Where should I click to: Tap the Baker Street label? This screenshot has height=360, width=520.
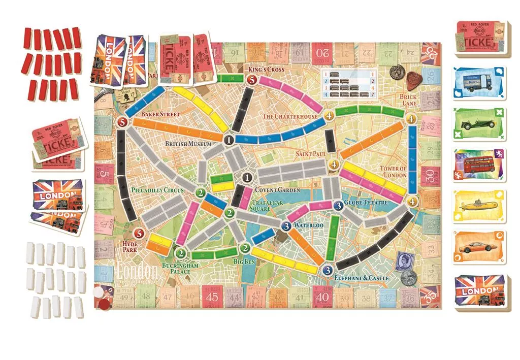(x=160, y=114)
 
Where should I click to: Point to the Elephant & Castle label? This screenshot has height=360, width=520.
(x=362, y=278)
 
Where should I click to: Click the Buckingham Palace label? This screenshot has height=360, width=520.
(x=176, y=268)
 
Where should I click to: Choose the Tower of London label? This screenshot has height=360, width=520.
(x=393, y=172)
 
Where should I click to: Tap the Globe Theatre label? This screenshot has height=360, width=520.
(x=366, y=203)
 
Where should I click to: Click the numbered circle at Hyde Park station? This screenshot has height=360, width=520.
(x=138, y=234)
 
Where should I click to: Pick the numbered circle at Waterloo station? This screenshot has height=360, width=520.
(x=286, y=225)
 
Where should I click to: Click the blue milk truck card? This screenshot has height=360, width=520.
(x=480, y=85)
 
